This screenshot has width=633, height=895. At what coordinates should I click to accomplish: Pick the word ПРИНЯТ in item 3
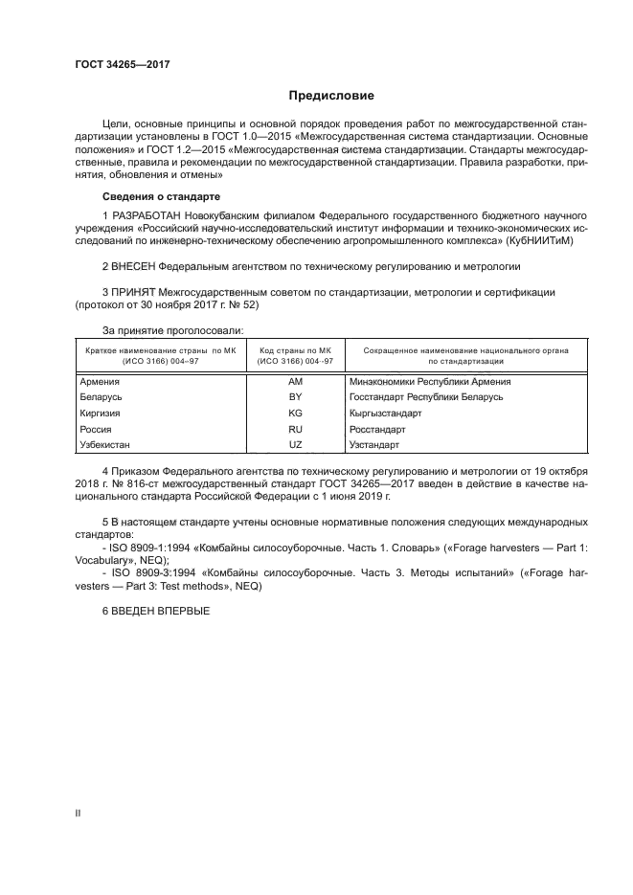coord(133,291)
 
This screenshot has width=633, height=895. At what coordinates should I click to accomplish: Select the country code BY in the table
coord(295,397)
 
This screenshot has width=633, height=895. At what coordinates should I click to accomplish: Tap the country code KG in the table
coord(295,414)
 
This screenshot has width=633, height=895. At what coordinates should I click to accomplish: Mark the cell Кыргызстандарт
coord(386,414)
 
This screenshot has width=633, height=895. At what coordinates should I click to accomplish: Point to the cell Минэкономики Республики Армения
coord(424,381)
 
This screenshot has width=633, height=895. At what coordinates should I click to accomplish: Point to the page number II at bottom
coord(78,813)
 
